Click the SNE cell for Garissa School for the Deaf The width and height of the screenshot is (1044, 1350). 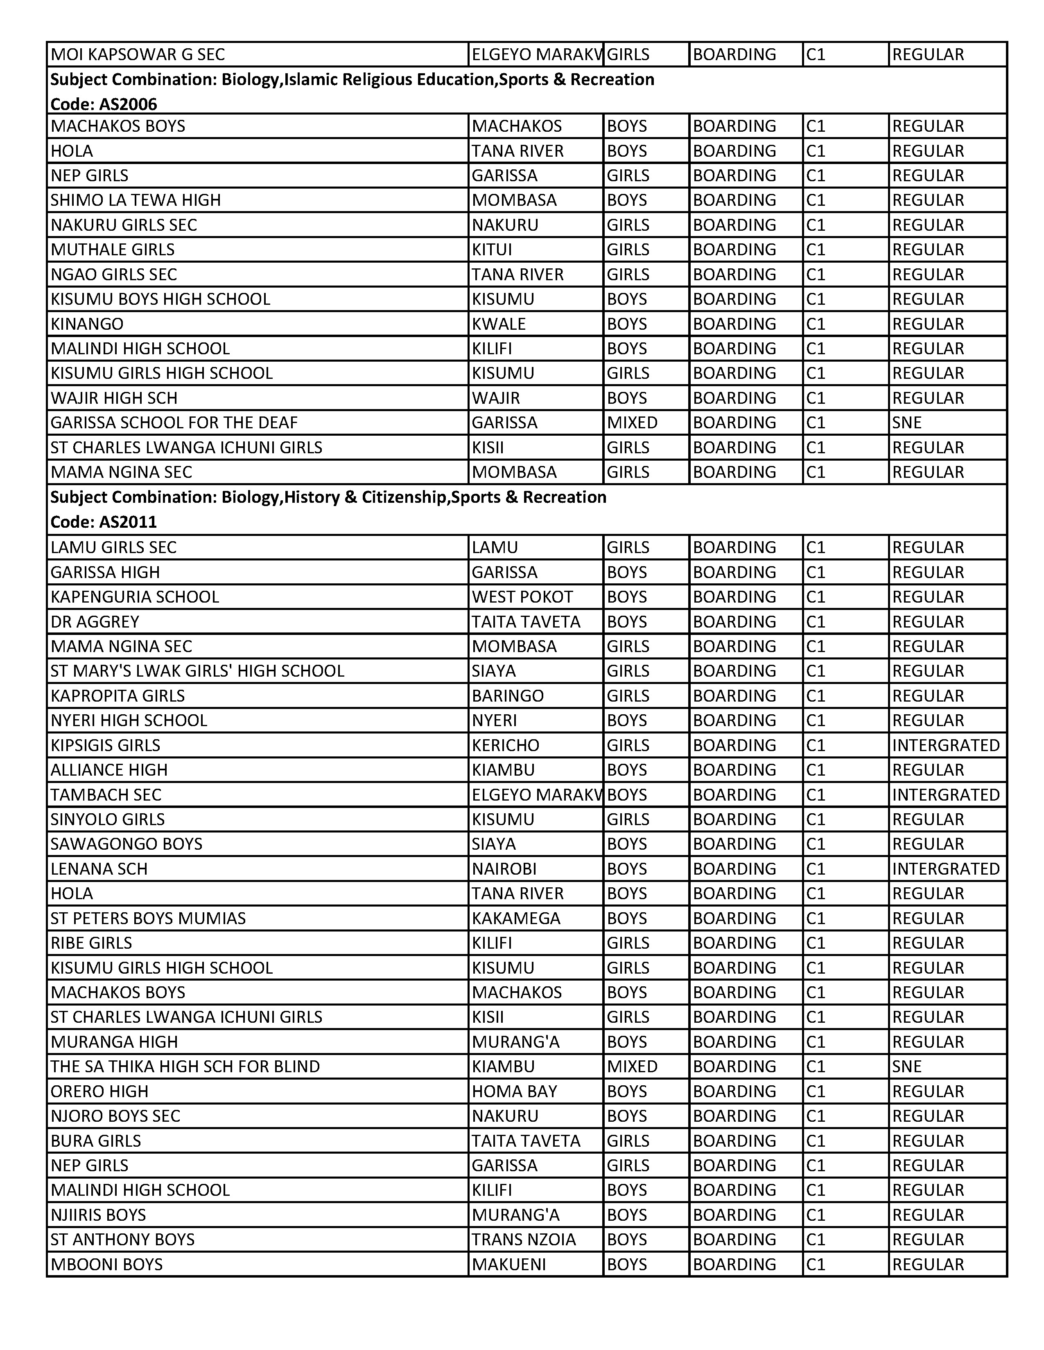pos(907,423)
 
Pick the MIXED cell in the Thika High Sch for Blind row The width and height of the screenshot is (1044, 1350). pos(632,1066)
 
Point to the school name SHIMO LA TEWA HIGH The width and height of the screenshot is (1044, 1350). pos(136,200)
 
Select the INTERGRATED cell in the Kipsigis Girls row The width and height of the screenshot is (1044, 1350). pos(946,745)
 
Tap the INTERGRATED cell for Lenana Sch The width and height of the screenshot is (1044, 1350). pos(946,868)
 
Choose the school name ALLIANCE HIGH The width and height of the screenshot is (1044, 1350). pos(109,769)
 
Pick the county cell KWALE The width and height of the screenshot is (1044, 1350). pos(499,324)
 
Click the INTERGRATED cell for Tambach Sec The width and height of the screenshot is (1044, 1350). pos(946,794)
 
